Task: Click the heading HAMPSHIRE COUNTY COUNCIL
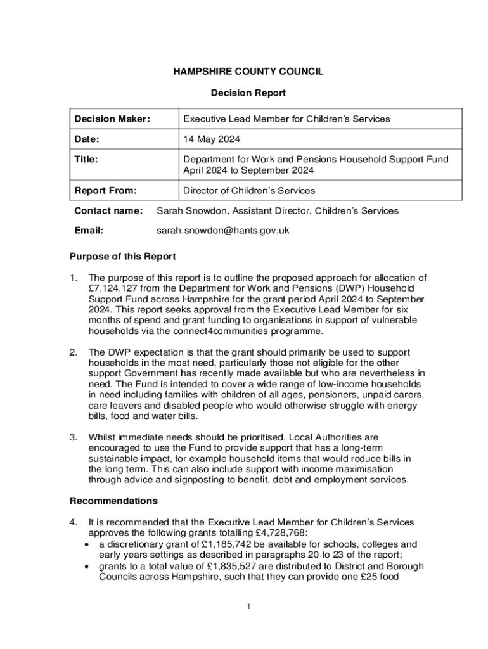(248, 72)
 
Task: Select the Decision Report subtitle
(248, 93)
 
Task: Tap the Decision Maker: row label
(112, 119)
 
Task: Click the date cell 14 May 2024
(212, 139)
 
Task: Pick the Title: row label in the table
(86, 160)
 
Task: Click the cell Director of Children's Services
(248, 190)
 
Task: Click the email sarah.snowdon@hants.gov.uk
(222, 231)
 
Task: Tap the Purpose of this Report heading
(122, 257)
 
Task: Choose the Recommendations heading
(113, 501)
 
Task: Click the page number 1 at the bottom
(249, 607)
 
